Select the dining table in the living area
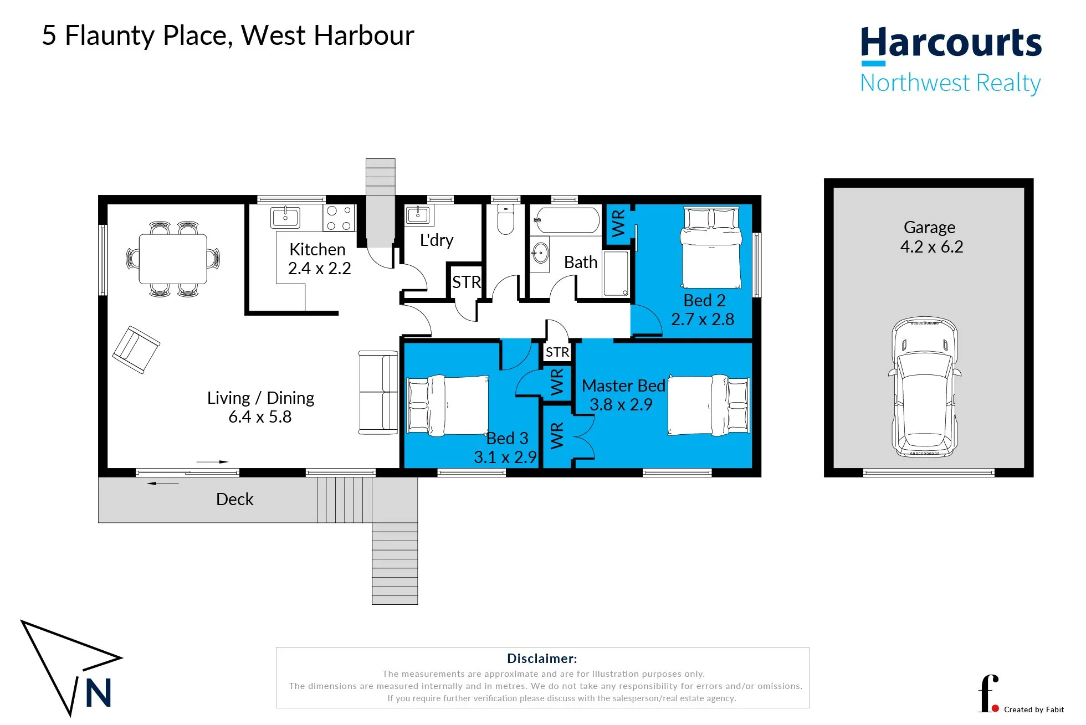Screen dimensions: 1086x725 (x=173, y=259)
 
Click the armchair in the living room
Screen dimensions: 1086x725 (x=136, y=349)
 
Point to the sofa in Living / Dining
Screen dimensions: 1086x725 (x=378, y=392)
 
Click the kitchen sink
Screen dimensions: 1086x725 (x=285, y=217)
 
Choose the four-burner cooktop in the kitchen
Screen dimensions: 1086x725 (x=339, y=218)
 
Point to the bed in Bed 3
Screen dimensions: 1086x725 (x=448, y=405)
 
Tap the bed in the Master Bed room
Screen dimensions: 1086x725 (x=709, y=405)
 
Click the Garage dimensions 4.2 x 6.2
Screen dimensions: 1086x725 (x=932, y=247)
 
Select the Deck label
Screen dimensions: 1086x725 (x=234, y=500)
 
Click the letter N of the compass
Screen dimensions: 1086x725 (x=99, y=693)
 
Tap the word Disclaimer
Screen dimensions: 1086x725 (x=542, y=659)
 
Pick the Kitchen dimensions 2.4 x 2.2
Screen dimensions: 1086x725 (x=319, y=269)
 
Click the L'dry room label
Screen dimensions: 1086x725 (x=437, y=240)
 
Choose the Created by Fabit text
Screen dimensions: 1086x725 (x=1034, y=709)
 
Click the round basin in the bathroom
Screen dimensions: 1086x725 (x=540, y=254)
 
